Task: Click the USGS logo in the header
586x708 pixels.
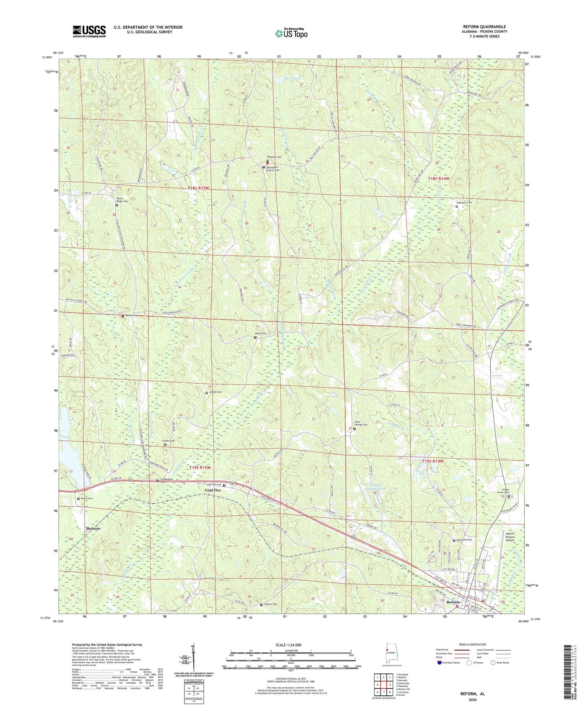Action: pos(89,31)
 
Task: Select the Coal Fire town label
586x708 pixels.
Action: pos(213,490)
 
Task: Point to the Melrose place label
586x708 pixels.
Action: pos(93,529)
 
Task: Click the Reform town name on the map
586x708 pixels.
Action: pos(453,602)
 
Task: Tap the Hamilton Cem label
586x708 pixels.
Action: pos(464,202)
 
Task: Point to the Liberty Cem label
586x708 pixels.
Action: pos(270,604)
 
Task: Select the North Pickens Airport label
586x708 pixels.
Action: pos(510,537)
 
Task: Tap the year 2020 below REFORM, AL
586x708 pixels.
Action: pos(472,699)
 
